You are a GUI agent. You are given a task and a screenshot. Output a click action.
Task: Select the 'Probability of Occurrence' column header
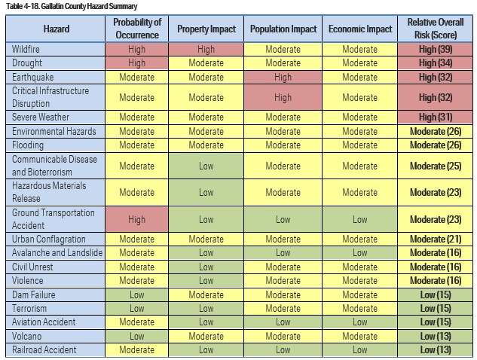pos(136,29)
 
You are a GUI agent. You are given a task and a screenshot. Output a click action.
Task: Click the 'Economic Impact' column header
pos(360,29)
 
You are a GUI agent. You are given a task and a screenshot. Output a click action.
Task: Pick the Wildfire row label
pos(27,50)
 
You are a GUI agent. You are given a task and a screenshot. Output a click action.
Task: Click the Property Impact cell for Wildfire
pos(206,50)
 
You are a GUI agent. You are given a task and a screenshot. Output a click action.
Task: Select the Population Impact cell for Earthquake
pos(283,77)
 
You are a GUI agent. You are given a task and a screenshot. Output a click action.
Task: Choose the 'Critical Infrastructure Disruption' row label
pos(50,97)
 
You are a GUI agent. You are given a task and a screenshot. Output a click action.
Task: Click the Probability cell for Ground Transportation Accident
pos(136,219)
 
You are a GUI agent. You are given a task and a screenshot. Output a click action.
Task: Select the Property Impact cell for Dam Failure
pos(206,295)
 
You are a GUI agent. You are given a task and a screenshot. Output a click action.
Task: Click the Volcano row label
pos(27,336)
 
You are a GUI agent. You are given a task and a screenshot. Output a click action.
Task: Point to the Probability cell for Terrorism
pos(136,309)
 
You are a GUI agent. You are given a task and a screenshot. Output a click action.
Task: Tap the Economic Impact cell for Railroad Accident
pos(360,349)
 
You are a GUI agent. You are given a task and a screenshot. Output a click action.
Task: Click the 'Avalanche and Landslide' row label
pos(57,253)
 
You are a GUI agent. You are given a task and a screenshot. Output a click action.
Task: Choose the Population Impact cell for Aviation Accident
pos(283,322)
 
